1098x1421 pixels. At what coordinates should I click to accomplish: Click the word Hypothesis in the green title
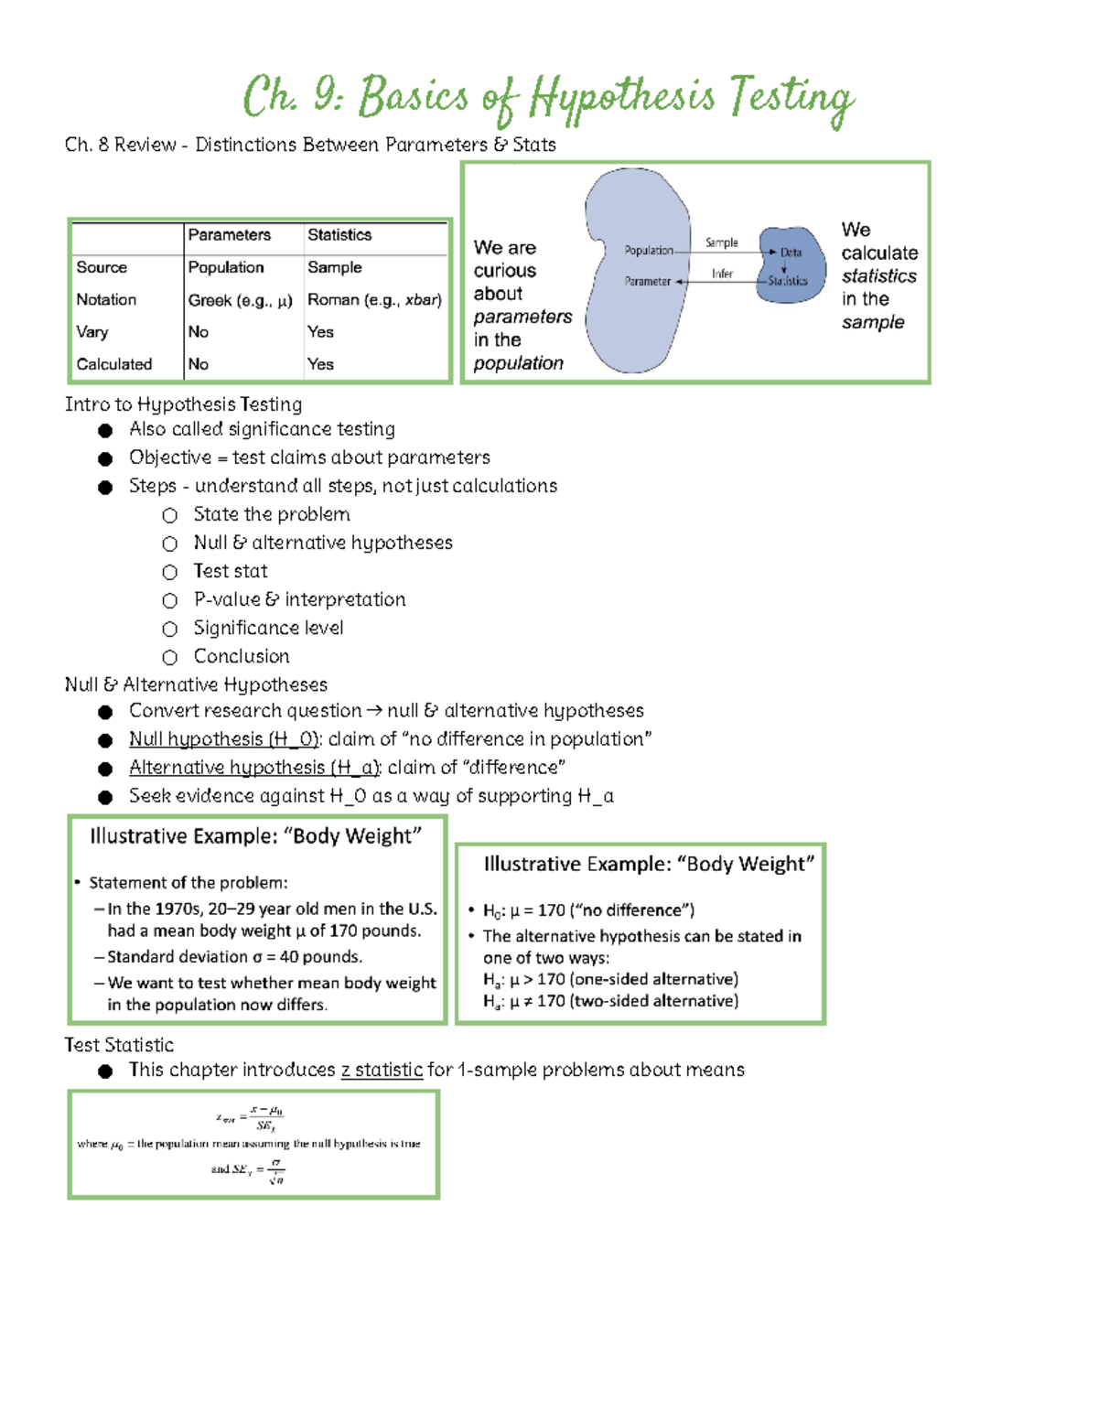[621, 97]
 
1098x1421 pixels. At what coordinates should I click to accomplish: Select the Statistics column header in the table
[339, 235]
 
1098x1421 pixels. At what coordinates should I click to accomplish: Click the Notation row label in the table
[106, 299]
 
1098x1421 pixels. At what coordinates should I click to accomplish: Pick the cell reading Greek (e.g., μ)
[240, 300]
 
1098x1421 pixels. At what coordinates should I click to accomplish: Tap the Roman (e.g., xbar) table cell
[374, 300]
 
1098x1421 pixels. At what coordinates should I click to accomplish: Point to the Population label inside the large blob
[649, 250]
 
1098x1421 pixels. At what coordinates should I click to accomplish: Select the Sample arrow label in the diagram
[721, 242]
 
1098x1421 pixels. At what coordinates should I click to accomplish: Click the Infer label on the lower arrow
[722, 274]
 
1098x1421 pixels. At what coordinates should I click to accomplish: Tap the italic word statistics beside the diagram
[878, 276]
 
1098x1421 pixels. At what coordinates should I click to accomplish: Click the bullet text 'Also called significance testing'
[262, 429]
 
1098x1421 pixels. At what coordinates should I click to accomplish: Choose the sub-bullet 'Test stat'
[231, 571]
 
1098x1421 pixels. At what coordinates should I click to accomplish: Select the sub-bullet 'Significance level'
[268, 628]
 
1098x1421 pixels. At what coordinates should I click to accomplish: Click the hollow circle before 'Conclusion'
[169, 657]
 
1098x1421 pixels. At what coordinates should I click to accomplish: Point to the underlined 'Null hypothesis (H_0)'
[224, 738]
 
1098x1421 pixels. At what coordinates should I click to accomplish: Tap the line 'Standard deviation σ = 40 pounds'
[234, 956]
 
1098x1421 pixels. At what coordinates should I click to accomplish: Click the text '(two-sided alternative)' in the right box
[653, 1001]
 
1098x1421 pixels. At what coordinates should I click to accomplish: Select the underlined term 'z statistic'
[382, 1070]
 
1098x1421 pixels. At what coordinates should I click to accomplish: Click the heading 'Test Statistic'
[119, 1045]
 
